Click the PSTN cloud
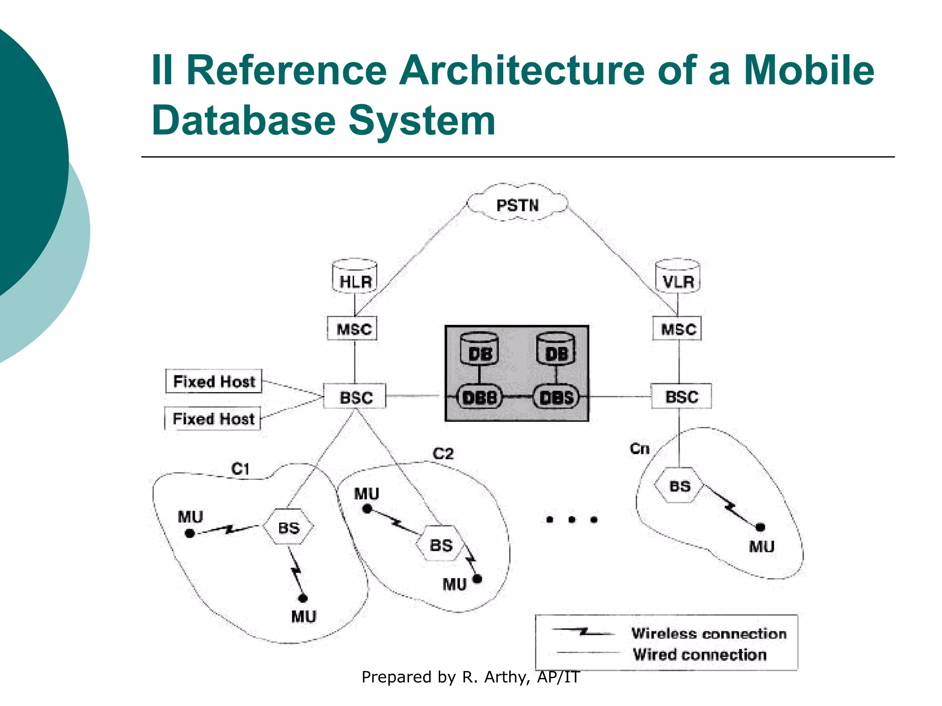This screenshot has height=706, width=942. [x=517, y=205]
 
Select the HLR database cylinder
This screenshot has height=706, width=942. [x=355, y=277]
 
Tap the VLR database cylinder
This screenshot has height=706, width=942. [x=678, y=277]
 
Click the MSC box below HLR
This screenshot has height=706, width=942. [x=353, y=329]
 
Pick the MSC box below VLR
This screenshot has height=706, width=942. [x=678, y=329]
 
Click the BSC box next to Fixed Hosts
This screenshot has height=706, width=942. [x=355, y=397]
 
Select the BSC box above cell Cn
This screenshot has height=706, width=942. [x=681, y=396]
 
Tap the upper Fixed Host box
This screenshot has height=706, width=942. [x=213, y=381]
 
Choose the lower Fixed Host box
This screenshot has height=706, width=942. [x=213, y=418]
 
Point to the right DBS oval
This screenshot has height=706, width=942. [x=556, y=397]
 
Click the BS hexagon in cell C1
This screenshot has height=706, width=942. [x=288, y=527]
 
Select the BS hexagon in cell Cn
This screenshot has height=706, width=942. [x=679, y=486]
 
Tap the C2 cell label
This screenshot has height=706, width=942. [x=443, y=454]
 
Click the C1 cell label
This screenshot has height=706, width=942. [x=240, y=469]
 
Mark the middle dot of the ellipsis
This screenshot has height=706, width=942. [x=572, y=520]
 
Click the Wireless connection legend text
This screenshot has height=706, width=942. [x=708, y=633]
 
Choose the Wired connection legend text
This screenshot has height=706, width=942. [x=699, y=654]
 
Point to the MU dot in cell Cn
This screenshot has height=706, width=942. [x=760, y=527]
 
